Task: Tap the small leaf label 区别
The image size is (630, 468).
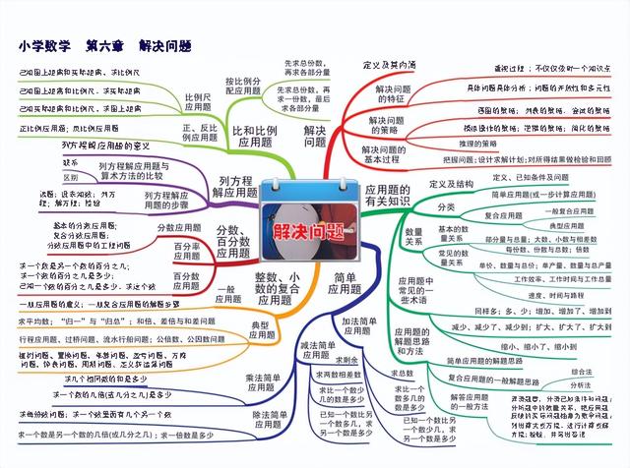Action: (71, 177)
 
